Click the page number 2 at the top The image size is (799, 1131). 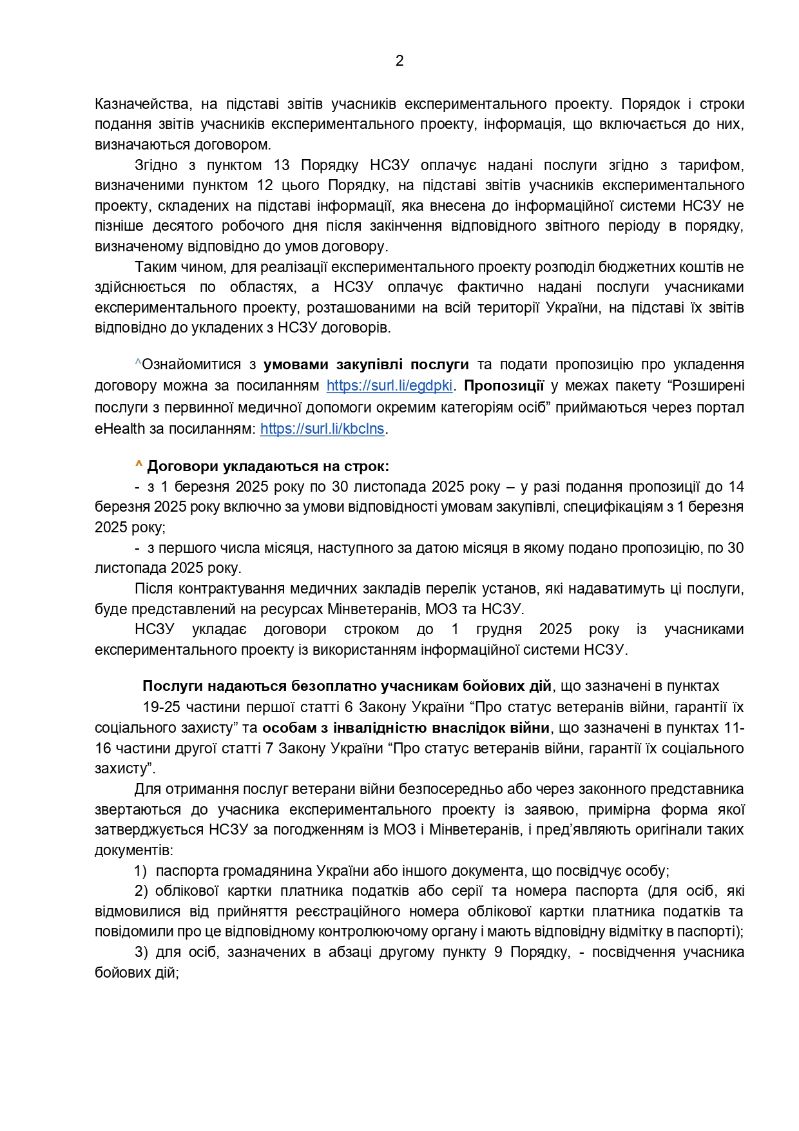click(400, 61)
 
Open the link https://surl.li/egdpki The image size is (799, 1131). click(390, 386)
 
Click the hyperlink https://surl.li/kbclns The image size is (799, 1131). click(322, 429)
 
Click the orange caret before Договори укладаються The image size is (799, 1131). click(139, 465)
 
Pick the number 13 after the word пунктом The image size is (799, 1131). click(282, 165)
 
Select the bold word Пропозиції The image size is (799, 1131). click(504, 386)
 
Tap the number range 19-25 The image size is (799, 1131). click(161, 708)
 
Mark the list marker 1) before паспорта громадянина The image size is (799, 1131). click(140, 871)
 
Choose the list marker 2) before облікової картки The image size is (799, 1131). click(141, 891)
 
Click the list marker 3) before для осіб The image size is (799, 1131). click(141, 952)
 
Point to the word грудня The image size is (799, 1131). click(499, 630)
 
